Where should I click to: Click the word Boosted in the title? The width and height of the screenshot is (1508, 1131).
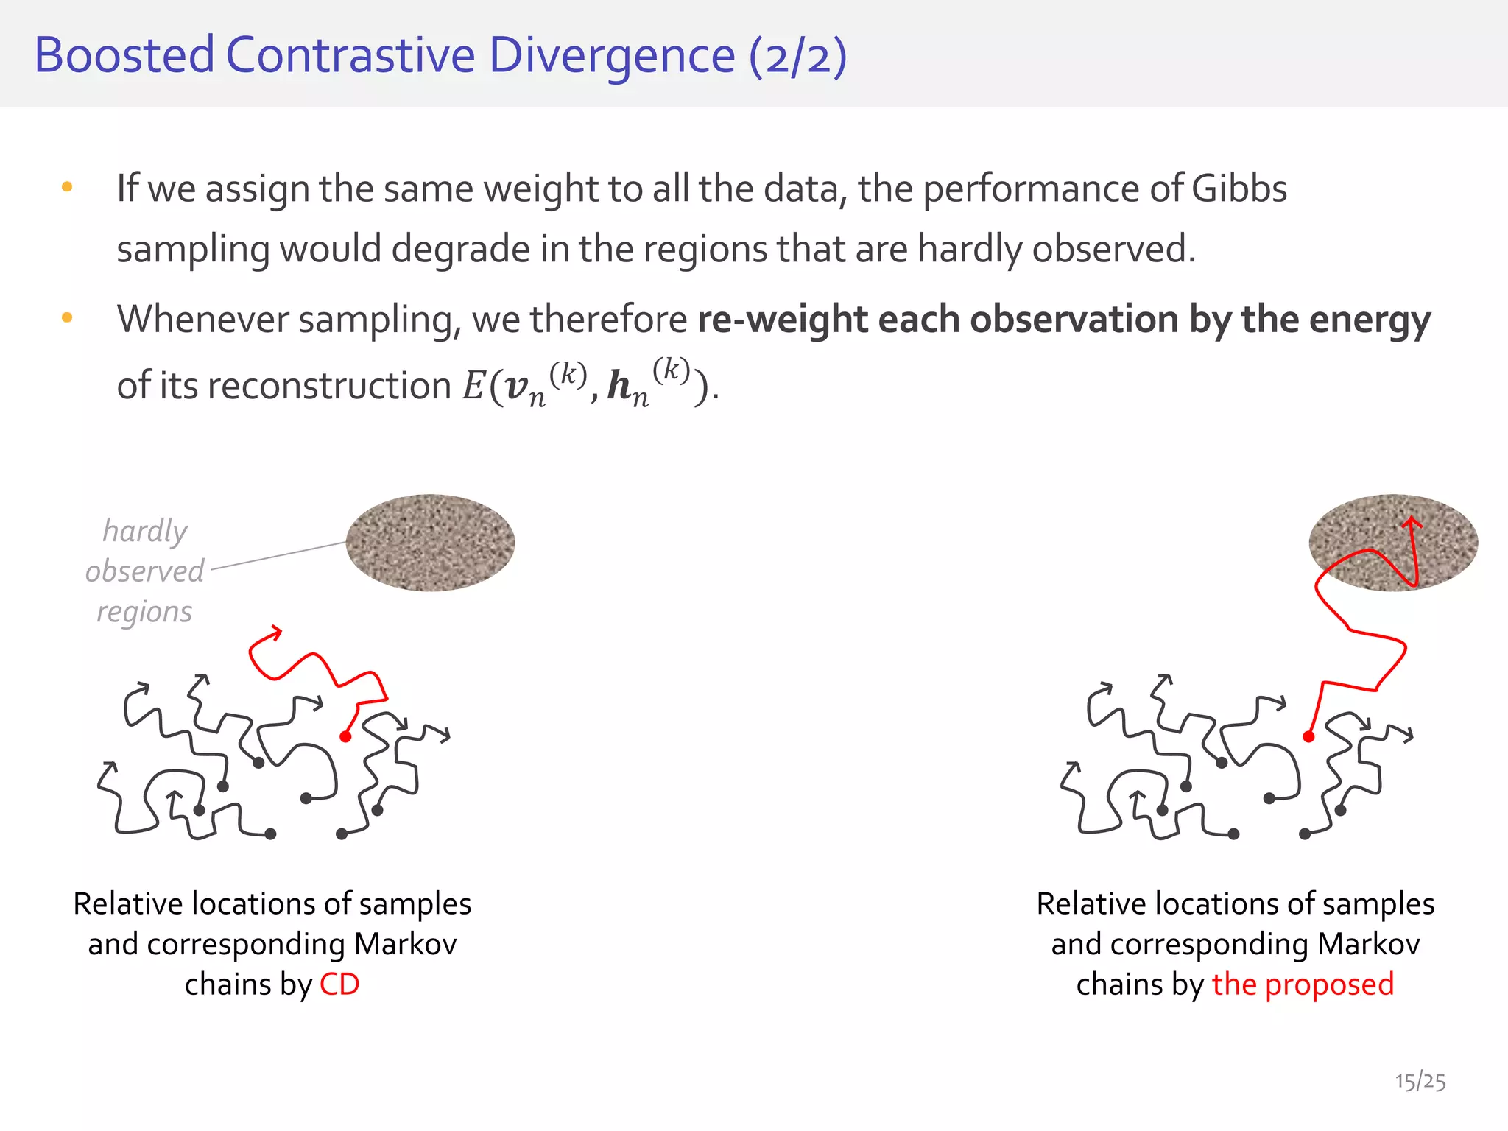pos(124,55)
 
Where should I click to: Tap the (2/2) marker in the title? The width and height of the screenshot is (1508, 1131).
pos(797,57)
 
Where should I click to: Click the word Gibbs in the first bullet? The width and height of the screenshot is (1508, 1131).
pos(1239,188)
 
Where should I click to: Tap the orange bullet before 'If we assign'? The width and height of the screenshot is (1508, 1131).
pos(67,187)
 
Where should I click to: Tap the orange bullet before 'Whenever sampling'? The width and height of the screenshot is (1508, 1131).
pos(67,318)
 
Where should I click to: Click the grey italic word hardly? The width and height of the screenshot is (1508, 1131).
pos(145,531)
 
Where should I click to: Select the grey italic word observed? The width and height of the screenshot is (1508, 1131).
pos(145,571)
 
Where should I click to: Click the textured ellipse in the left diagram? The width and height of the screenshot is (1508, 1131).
pos(430,543)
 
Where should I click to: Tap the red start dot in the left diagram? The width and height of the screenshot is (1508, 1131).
pos(345,736)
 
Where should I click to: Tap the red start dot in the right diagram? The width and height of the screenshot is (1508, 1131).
pos(1308,736)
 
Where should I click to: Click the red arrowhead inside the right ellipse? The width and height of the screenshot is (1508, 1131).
pos(1412,524)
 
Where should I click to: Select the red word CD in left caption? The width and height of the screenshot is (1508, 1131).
pos(339,984)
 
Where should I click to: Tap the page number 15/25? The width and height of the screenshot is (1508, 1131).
pos(1420,1082)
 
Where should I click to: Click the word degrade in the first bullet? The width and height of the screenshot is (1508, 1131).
pos(462,249)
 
